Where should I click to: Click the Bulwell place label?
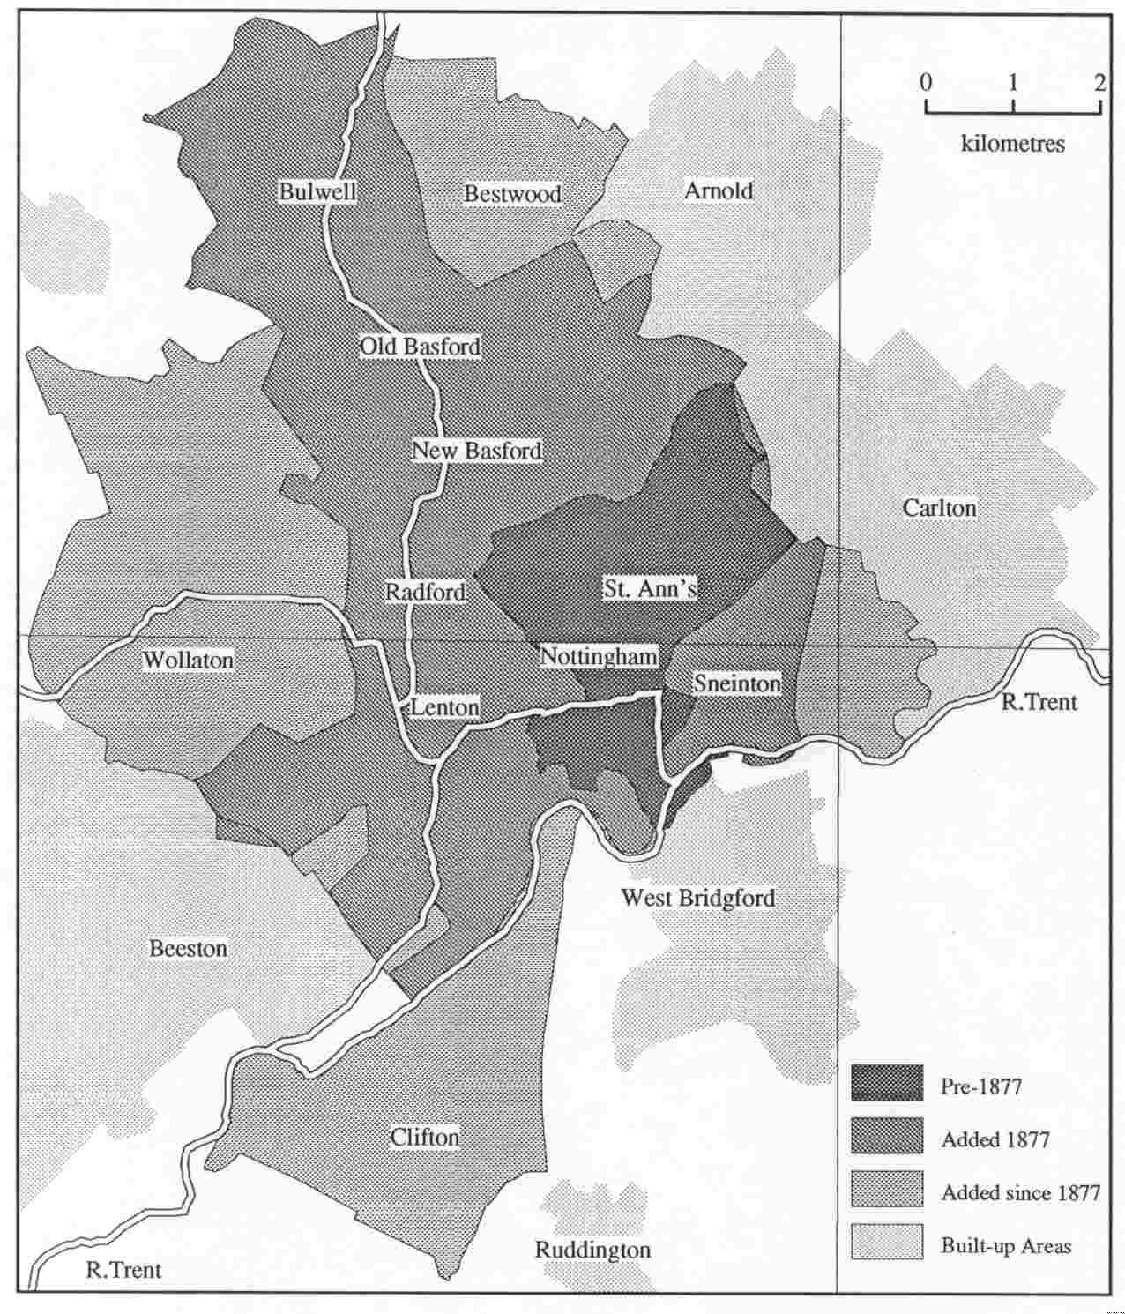coord(317,191)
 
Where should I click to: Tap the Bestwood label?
coord(512,193)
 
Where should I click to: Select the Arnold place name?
coord(719,190)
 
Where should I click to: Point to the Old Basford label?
coord(420,347)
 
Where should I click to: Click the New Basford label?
coord(477,451)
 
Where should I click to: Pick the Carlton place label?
coord(939,508)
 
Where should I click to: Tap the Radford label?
coord(426,592)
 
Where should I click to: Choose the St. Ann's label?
coord(650,588)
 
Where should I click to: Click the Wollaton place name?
coord(189,660)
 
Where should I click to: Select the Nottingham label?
coord(599,657)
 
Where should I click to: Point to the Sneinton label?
coord(737,683)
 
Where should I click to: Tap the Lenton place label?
coord(445,707)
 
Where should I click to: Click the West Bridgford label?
coord(698,898)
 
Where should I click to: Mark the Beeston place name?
coord(188,949)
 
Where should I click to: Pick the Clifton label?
coord(425,1138)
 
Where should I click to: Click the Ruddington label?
coord(592,1251)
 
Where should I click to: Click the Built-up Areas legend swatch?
coord(887,1243)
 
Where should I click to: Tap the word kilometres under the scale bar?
coord(1012,144)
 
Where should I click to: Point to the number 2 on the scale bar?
coord(1099,83)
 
